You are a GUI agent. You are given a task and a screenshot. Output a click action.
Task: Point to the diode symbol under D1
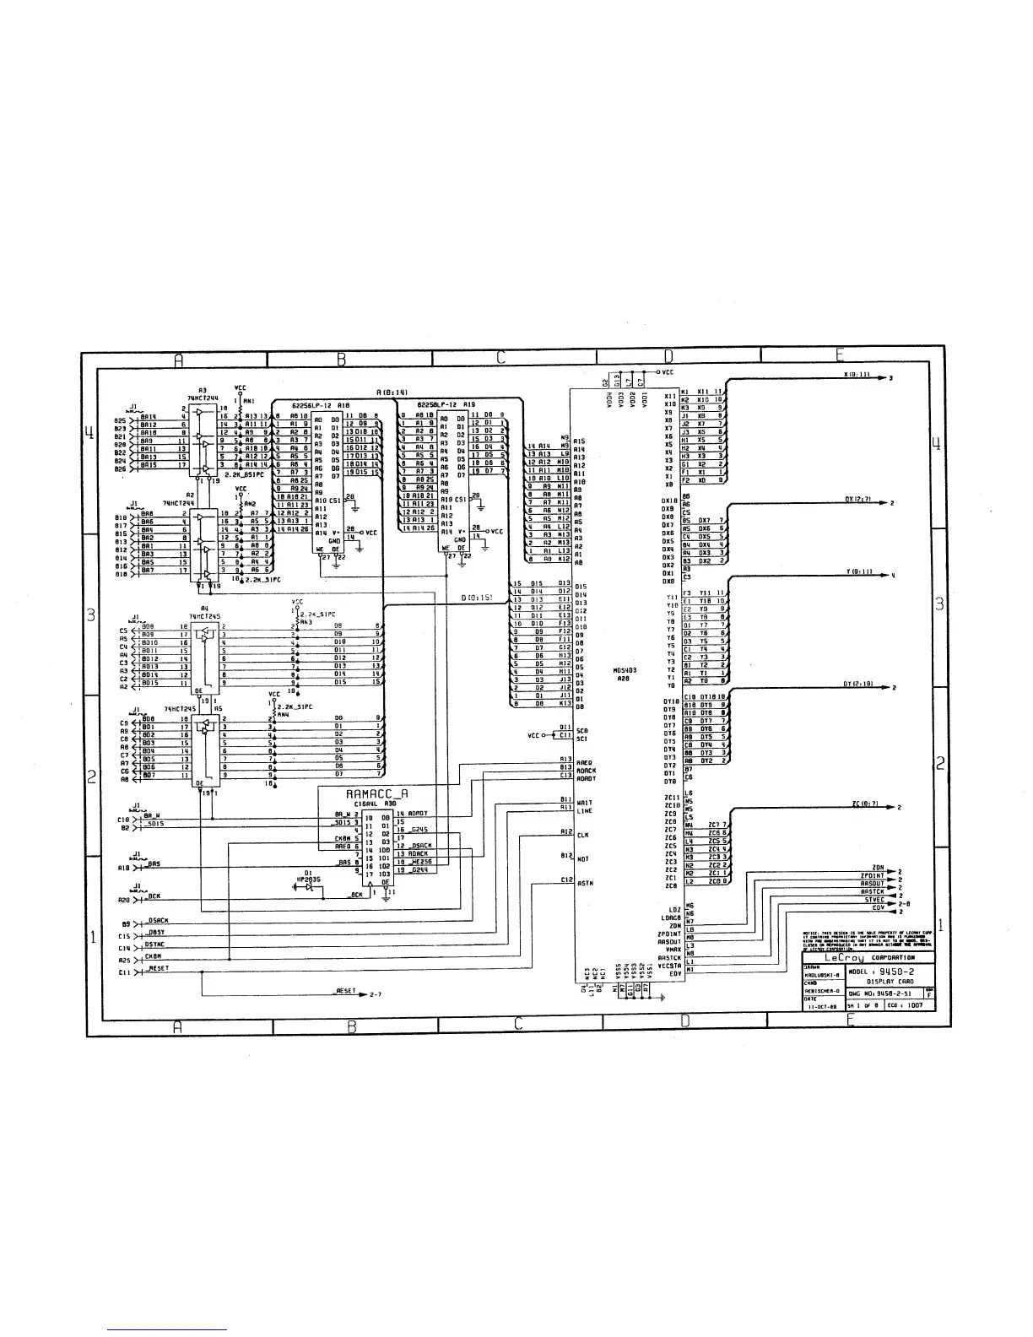click(x=310, y=890)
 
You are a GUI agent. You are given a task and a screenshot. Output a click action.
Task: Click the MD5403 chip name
click(x=625, y=670)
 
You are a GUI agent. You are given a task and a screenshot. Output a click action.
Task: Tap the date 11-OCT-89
click(x=823, y=1006)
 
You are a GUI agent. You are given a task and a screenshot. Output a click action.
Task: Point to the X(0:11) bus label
click(x=857, y=374)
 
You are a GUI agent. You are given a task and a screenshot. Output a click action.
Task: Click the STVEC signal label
click(x=873, y=900)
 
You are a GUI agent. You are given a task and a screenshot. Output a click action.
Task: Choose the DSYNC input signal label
click(x=154, y=945)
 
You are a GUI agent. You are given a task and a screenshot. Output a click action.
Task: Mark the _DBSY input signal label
click(x=154, y=932)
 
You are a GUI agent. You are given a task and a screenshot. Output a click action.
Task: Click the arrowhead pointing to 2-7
click(x=364, y=994)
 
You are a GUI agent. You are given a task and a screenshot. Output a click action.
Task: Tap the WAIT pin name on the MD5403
click(x=583, y=803)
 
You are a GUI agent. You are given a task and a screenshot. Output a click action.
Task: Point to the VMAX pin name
click(x=673, y=950)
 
